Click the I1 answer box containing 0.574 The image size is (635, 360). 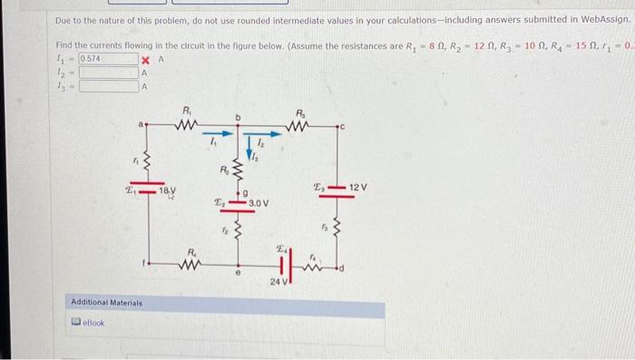(x=108, y=59)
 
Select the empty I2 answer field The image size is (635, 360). (x=108, y=73)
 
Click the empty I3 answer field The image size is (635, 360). (x=108, y=87)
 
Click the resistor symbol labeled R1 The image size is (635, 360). (x=188, y=122)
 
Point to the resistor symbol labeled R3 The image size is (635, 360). (x=301, y=122)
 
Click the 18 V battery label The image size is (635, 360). (x=168, y=191)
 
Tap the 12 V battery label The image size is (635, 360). (x=357, y=187)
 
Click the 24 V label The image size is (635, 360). (x=277, y=283)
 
